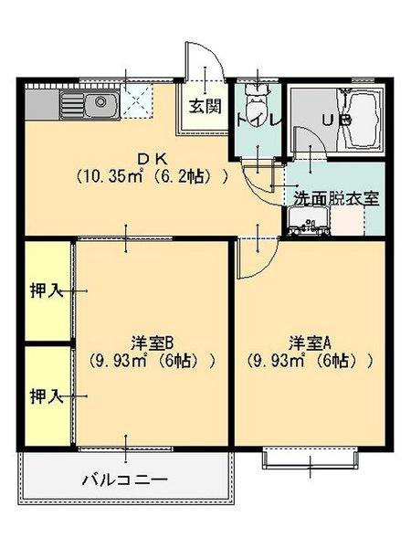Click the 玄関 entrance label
coord(205,105)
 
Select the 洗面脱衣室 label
coord(337,196)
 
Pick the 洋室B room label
coord(152,342)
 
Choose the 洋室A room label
coord(310,342)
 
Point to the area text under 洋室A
coord(310,360)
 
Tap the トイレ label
coord(259,120)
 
